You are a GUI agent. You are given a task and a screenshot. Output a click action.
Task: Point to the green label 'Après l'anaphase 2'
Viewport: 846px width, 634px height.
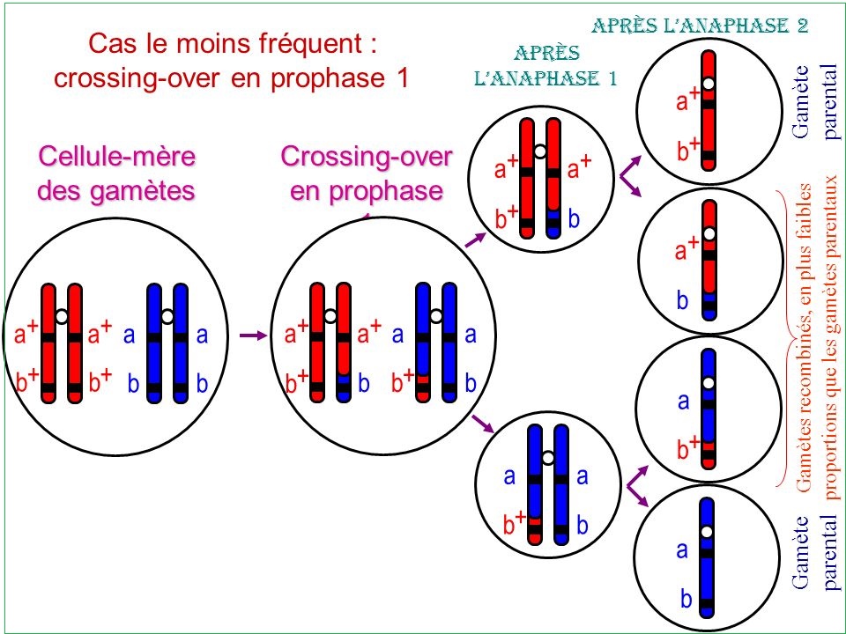[700, 25]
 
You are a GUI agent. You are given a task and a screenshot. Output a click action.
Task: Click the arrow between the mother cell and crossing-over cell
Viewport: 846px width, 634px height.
[253, 335]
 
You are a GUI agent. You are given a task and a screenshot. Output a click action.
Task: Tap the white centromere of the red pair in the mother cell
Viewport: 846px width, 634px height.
[62, 315]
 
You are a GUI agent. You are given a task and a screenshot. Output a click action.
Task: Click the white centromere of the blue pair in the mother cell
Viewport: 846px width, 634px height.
[167, 315]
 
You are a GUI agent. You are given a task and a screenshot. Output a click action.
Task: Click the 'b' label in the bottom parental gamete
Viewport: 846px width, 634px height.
[684, 600]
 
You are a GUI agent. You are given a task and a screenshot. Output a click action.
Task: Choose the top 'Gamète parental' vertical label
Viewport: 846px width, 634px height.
[816, 97]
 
